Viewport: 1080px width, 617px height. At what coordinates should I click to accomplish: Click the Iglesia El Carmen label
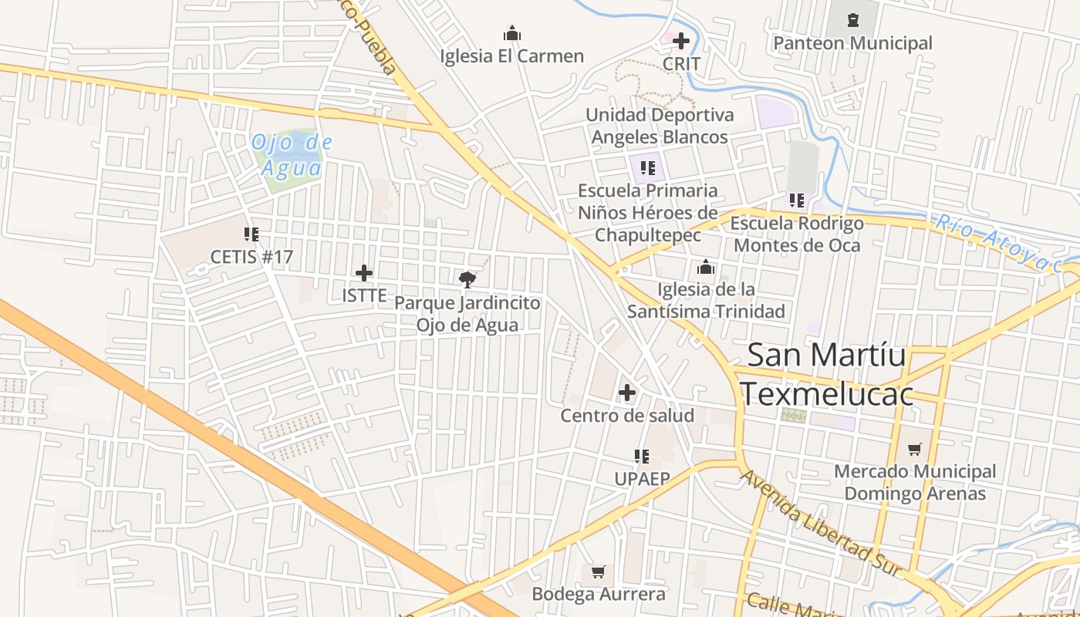(511, 56)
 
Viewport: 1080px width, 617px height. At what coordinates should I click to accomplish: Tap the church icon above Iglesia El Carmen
(512, 33)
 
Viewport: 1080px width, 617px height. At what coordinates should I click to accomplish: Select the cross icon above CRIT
(681, 40)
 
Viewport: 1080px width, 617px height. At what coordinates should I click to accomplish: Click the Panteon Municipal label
(852, 43)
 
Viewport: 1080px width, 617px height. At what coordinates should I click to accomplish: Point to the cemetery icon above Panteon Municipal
(852, 20)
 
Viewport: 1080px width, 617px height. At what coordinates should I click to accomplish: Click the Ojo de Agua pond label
(292, 154)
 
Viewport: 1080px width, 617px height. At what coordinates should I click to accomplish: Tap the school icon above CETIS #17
(251, 234)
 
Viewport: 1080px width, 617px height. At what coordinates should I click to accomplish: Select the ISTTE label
(364, 295)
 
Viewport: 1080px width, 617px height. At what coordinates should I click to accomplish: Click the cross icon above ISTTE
(364, 273)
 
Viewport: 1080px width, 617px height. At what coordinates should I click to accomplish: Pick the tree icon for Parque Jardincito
(467, 279)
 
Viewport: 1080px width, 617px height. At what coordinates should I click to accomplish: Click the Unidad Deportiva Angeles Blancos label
(659, 126)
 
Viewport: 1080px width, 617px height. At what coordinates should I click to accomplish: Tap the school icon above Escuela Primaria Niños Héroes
(648, 167)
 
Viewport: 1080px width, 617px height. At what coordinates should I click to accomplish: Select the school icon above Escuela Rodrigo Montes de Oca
(797, 201)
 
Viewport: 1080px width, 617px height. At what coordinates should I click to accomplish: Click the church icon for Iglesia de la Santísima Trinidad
(706, 268)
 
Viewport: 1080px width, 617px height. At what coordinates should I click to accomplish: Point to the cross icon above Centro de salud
(627, 393)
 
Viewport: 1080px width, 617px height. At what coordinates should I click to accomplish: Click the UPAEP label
(642, 479)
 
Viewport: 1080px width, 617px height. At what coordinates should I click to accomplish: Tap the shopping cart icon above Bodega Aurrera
(598, 571)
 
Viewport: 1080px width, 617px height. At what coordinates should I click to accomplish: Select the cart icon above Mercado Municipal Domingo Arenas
(915, 449)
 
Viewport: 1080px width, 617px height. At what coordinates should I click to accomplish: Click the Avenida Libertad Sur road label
(821, 524)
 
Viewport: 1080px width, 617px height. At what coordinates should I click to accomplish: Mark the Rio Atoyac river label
(998, 242)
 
